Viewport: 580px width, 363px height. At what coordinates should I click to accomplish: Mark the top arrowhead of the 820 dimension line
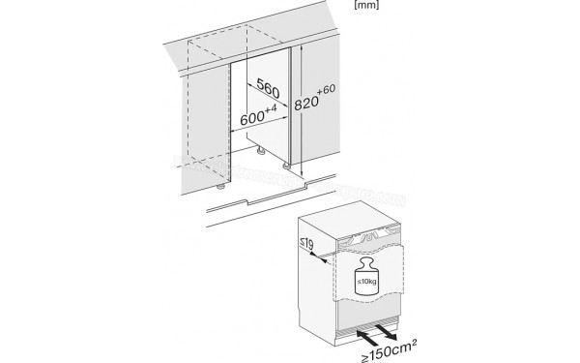coord(304,46)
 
